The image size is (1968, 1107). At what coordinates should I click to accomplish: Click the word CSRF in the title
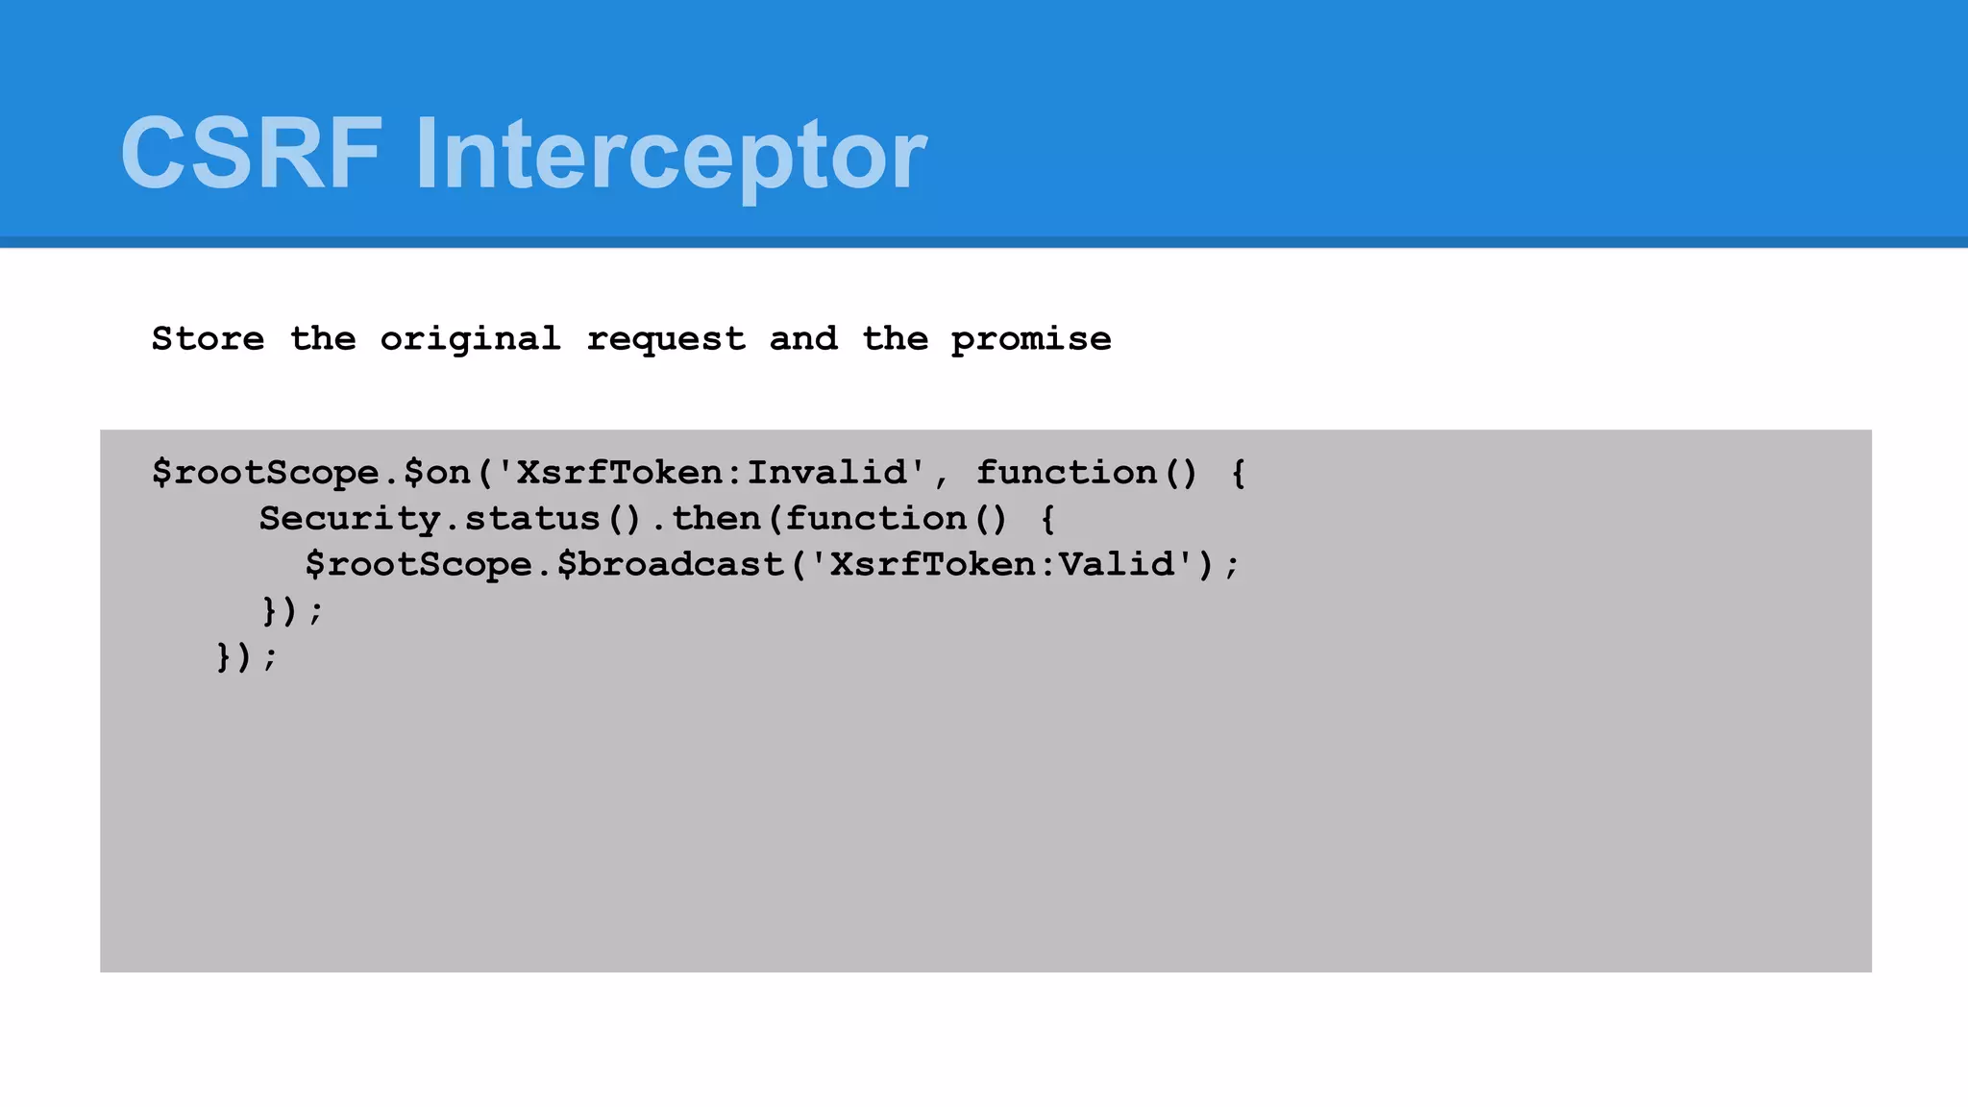pyautogui.click(x=252, y=154)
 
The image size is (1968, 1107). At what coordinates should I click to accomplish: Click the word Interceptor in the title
pyautogui.click(x=671, y=154)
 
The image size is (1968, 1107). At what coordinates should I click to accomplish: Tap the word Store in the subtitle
pyautogui.click(x=208, y=338)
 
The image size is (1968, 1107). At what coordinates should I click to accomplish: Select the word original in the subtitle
pyautogui.click(x=470, y=338)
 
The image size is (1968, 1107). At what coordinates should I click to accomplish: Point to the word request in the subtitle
pyautogui.click(x=666, y=338)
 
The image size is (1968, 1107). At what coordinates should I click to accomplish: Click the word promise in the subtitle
pyautogui.click(x=1031, y=338)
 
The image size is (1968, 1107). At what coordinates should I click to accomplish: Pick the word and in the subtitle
pyautogui.click(x=803, y=338)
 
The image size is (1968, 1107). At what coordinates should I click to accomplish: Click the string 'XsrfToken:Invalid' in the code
pyautogui.click(x=711, y=472)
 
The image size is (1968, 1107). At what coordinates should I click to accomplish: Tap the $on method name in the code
pyautogui.click(x=437, y=472)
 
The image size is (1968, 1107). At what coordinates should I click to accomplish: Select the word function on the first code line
pyautogui.click(x=1067, y=472)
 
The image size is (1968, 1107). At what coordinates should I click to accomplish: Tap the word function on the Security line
pyautogui.click(x=876, y=518)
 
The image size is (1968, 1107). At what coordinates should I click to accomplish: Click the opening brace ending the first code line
pyautogui.click(x=1239, y=472)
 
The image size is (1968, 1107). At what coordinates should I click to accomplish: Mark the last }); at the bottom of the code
pyautogui.click(x=247, y=657)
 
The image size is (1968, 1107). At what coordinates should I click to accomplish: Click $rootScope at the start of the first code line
pyautogui.click(x=266, y=472)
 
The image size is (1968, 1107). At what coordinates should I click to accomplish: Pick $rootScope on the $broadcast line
pyautogui.click(x=419, y=564)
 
